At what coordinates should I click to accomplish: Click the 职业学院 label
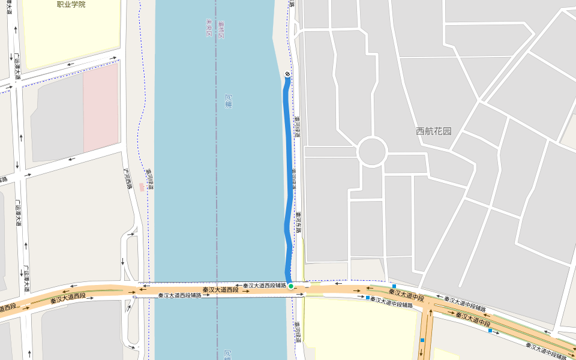(x=71, y=4)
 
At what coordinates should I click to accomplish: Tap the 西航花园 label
(x=433, y=131)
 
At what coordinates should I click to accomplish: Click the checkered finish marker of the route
(x=287, y=74)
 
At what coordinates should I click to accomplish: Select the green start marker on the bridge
(x=290, y=286)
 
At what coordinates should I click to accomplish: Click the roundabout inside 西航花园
(x=372, y=152)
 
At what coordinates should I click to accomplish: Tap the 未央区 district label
(x=209, y=27)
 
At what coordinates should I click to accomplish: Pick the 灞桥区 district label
(x=221, y=27)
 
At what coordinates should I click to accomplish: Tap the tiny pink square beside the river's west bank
(x=142, y=187)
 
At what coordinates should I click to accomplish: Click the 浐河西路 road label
(x=127, y=178)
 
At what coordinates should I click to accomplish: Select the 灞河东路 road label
(x=298, y=223)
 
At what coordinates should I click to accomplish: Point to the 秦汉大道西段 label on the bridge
(x=220, y=290)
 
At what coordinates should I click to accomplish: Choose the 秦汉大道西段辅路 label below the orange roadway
(x=179, y=296)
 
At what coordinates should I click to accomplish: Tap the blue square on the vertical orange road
(x=422, y=340)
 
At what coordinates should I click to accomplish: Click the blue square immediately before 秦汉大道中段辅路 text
(x=368, y=297)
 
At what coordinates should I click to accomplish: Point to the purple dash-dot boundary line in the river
(x=217, y=180)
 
